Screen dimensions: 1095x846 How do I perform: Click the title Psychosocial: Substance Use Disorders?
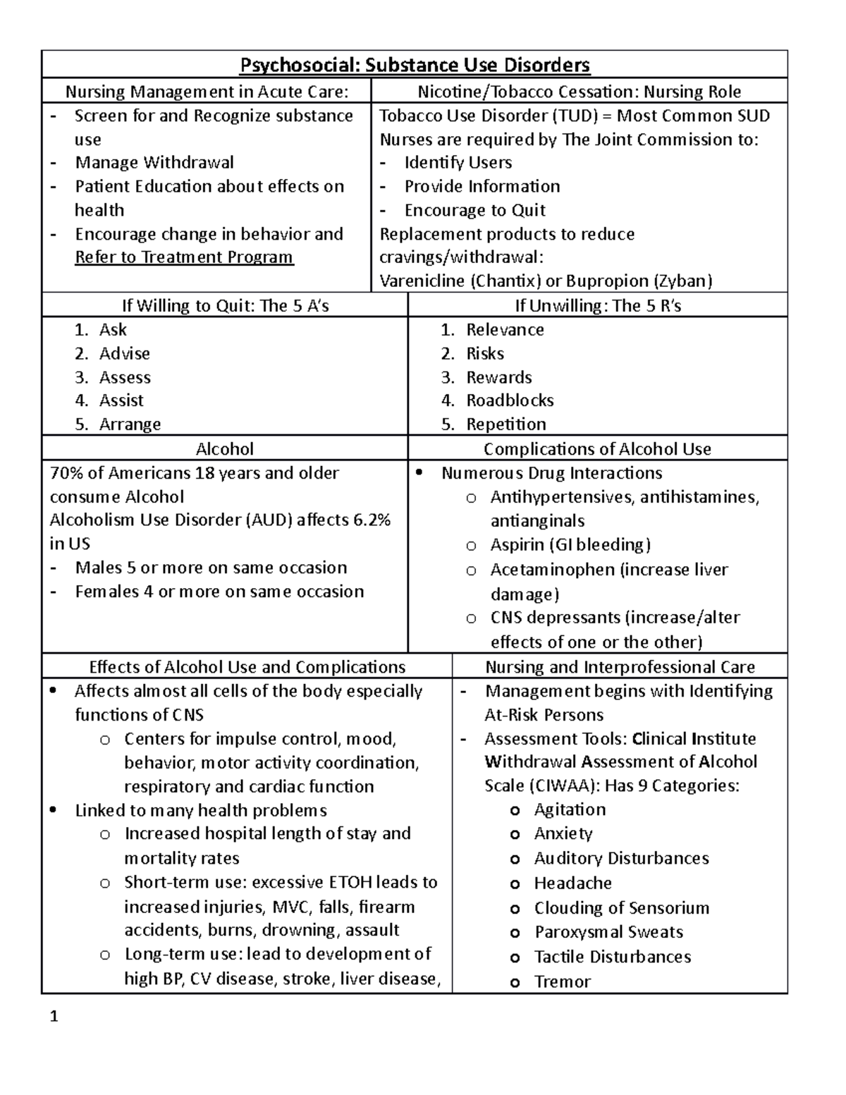pos(415,66)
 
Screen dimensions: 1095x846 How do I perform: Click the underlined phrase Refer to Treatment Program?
pos(184,257)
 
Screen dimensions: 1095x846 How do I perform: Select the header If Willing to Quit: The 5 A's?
pos(225,306)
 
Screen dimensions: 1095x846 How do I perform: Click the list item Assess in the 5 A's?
pos(125,377)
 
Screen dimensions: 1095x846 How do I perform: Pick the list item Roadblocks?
pos(510,400)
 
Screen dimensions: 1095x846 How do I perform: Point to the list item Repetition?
pos(505,424)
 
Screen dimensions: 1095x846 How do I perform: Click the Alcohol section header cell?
pos(224,449)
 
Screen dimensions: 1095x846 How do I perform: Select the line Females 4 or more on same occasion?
pos(219,592)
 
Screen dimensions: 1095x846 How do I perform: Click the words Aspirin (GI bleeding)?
pos(570,545)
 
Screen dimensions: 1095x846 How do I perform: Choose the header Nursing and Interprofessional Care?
pos(620,667)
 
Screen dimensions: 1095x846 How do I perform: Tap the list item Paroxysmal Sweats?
pos(608,932)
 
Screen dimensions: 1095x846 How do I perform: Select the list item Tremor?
pos(562,981)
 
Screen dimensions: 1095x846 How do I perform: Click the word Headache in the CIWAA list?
pos(572,883)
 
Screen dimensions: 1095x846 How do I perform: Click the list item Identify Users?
pos(458,163)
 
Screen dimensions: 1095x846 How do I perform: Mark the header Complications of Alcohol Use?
pos(597,449)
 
